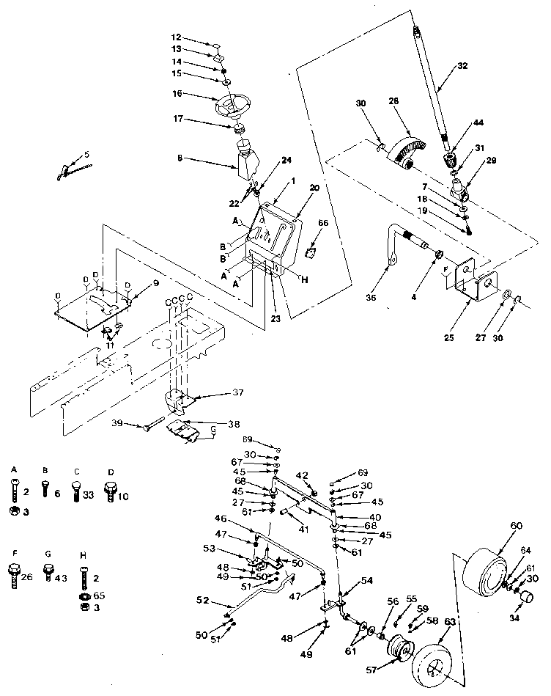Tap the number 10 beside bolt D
coord(122,496)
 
